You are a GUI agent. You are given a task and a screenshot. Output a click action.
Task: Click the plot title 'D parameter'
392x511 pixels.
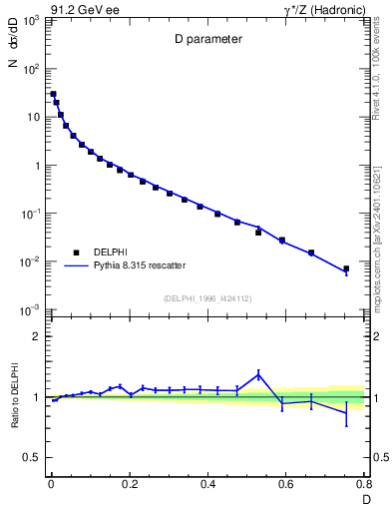click(x=205, y=40)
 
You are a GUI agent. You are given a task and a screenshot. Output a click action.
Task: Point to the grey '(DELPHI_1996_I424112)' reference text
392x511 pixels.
click(x=206, y=298)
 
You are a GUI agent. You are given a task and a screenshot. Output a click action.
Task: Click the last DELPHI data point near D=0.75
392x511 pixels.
click(x=346, y=268)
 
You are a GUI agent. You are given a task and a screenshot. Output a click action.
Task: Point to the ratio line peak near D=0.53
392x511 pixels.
click(x=258, y=374)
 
